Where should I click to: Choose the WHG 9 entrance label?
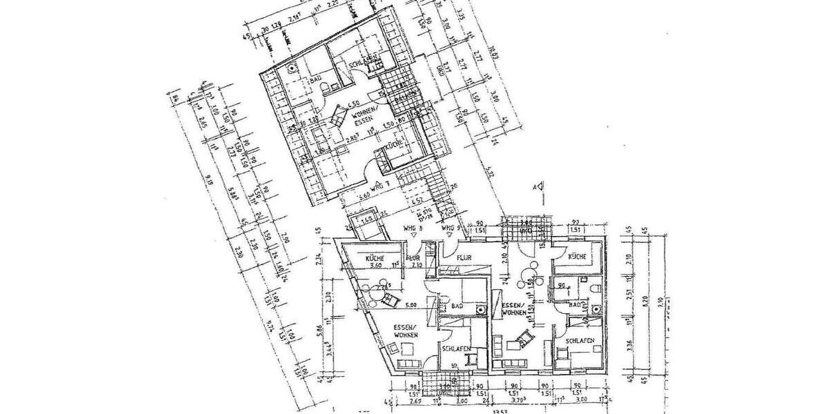point(450,228)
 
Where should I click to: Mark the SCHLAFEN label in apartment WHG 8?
point(457,349)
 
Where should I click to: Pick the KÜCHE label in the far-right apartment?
point(577,256)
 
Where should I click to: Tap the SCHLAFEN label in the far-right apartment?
point(580,341)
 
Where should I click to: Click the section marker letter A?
point(533,186)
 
